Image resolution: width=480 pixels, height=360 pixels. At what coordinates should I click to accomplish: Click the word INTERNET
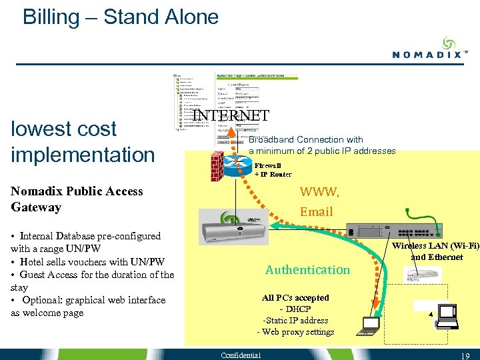coord(231,115)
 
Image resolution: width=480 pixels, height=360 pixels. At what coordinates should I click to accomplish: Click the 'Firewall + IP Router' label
coord(273,170)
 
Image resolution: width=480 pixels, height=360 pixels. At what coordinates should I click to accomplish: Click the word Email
coord(316,211)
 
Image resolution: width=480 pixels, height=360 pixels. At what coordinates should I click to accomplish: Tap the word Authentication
coord(307,269)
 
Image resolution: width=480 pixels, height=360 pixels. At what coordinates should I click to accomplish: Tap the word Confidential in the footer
coord(241,354)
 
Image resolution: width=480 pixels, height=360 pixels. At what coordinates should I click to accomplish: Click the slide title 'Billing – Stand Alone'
coord(121,17)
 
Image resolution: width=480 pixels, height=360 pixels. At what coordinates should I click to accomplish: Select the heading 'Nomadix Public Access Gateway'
coord(77,199)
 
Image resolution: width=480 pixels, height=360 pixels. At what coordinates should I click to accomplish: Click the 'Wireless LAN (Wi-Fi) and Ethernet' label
coord(435,251)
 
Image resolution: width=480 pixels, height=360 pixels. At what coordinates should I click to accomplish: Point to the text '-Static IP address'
coord(295,321)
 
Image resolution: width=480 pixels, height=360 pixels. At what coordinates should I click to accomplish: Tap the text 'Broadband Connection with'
coord(305,139)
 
